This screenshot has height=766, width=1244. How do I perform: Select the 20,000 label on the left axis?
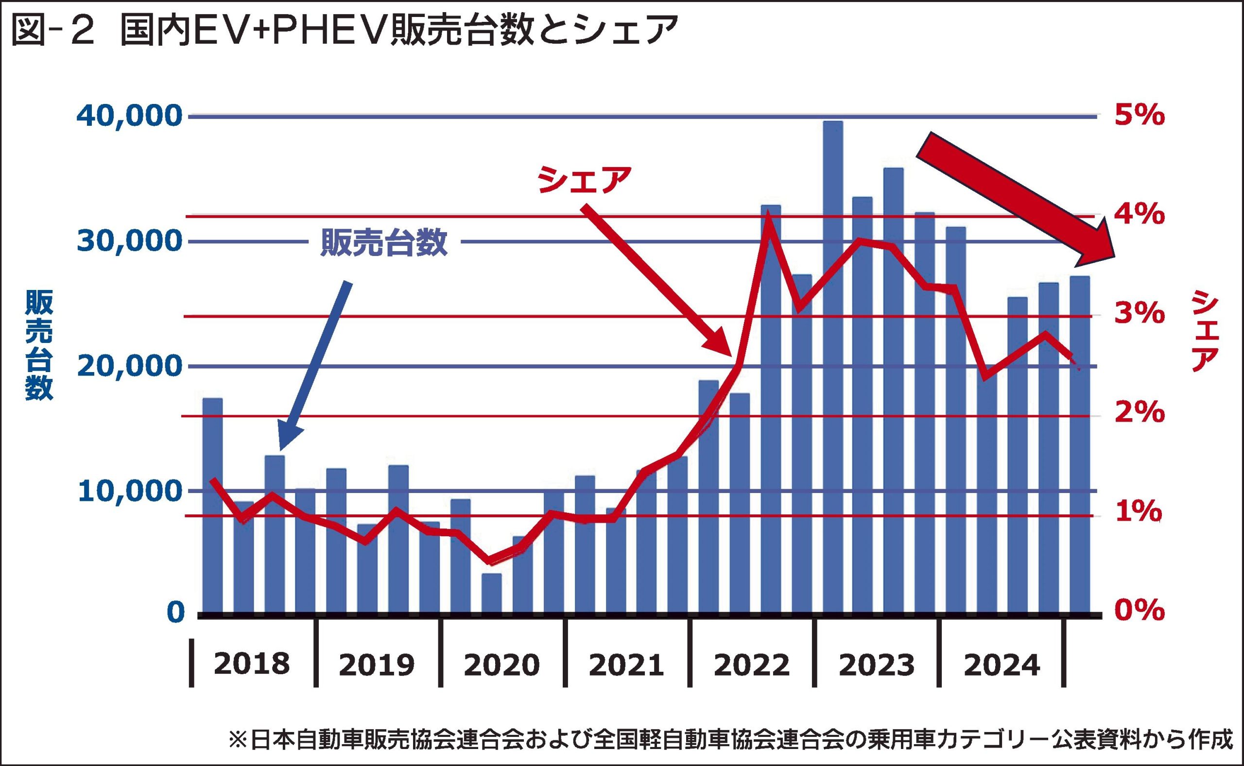(x=129, y=366)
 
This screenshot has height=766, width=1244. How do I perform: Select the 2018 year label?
(x=251, y=664)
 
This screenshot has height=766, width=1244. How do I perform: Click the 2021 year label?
(x=626, y=664)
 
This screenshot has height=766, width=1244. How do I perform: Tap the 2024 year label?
(x=1002, y=664)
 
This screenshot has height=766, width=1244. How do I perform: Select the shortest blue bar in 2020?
(x=491, y=593)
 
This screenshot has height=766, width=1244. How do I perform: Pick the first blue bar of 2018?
(x=212, y=507)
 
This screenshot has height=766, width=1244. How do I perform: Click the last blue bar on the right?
(x=1079, y=446)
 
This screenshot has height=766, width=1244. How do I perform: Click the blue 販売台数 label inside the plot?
(x=383, y=243)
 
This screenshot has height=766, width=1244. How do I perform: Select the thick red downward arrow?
(x=1019, y=200)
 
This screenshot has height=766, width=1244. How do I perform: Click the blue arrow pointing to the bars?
(x=315, y=365)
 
